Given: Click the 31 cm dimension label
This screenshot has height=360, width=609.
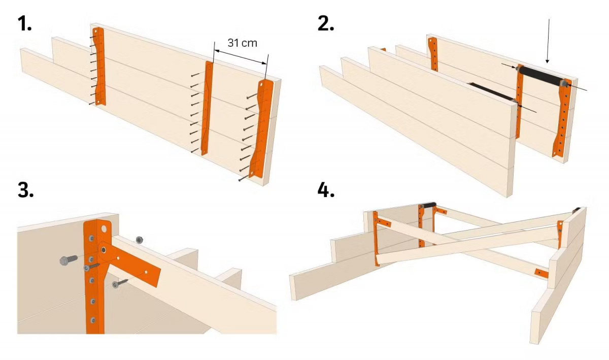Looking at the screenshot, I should (x=242, y=43).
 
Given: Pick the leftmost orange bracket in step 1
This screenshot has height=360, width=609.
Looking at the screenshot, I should (x=99, y=66).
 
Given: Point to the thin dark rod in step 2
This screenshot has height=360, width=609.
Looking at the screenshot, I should (x=491, y=92).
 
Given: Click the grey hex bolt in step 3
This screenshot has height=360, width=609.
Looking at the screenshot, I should (x=66, y=260).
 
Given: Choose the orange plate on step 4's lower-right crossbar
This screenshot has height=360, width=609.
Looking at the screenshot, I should (x=540, y=273).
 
